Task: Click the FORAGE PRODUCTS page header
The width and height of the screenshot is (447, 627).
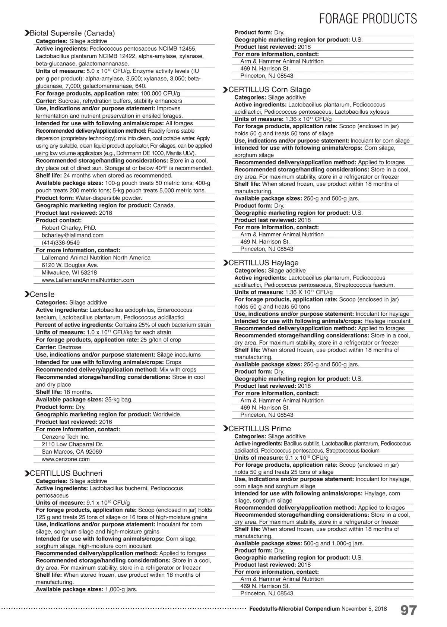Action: pos(368,19)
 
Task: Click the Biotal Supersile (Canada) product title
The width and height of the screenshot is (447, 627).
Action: pos(72,33)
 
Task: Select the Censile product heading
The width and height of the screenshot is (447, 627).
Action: pos(42,294)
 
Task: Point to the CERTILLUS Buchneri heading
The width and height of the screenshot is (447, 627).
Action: pos(66,473)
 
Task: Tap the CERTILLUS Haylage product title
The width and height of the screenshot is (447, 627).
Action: pos(263,263)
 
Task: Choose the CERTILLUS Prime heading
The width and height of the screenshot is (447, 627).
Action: pos(260,429)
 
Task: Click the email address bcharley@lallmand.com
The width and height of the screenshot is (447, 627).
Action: pos(73,235)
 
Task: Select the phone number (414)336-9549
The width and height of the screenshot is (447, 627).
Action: pos(61,243)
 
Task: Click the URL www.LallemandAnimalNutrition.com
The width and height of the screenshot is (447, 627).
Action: pos(88,280)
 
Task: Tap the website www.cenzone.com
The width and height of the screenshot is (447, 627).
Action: pos(66,459)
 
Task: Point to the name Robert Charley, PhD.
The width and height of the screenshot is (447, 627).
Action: pos(69,228)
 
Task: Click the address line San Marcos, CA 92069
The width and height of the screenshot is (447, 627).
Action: pos(72,452)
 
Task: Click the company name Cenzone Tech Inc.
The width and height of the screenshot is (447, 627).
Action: pos(66,437)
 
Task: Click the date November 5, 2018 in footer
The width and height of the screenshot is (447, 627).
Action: pos(364,609)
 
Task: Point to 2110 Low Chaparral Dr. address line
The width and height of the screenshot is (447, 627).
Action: pos(72,444)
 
